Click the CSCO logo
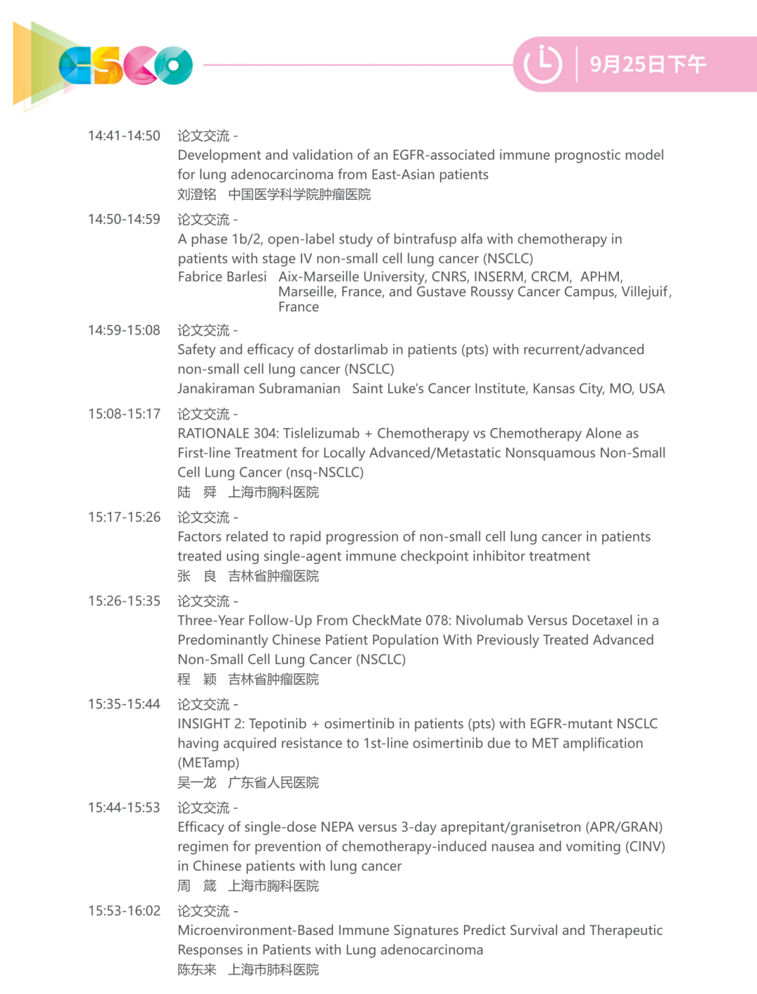point(125,65)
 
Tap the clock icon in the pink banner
point(543,65)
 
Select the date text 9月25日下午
point(648,65)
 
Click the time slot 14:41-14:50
point(124,136)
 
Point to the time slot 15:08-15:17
point(124,415)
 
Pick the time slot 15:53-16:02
point(124,911)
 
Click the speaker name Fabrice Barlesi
point(222,277)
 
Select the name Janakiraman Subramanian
point(259,389)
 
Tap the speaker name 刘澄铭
point(197,194)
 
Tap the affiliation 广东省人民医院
point(273,783)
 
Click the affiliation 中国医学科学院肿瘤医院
point(299,194)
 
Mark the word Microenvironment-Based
point(257,931)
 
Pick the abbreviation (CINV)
point(645,847)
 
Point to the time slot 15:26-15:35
point(124,601)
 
